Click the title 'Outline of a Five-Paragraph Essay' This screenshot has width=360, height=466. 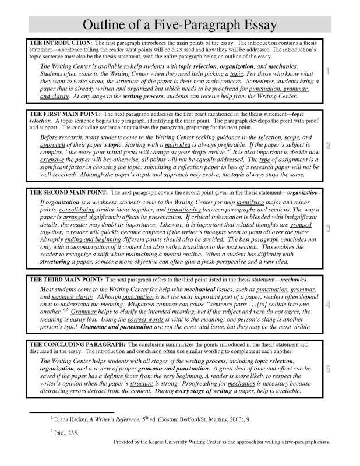click(179, 24)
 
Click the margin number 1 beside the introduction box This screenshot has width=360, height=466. click(329, 72)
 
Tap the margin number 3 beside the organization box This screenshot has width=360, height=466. click(329, 228)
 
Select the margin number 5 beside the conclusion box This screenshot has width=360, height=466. click(329, 369)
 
